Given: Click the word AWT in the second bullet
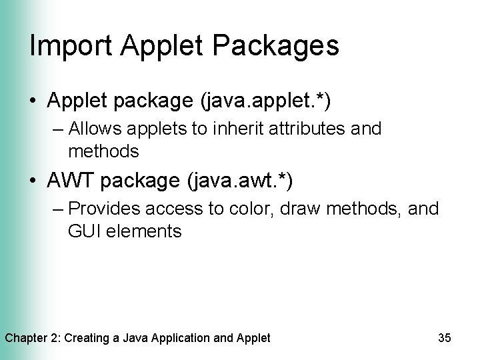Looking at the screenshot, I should (x=74, y=180).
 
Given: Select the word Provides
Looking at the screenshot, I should (x=104, y=209).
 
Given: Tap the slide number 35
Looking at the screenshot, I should (x=444, y=338).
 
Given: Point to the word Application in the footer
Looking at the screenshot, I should (x=184, y=338).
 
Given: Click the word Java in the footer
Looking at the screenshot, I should (x=137, y=338).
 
